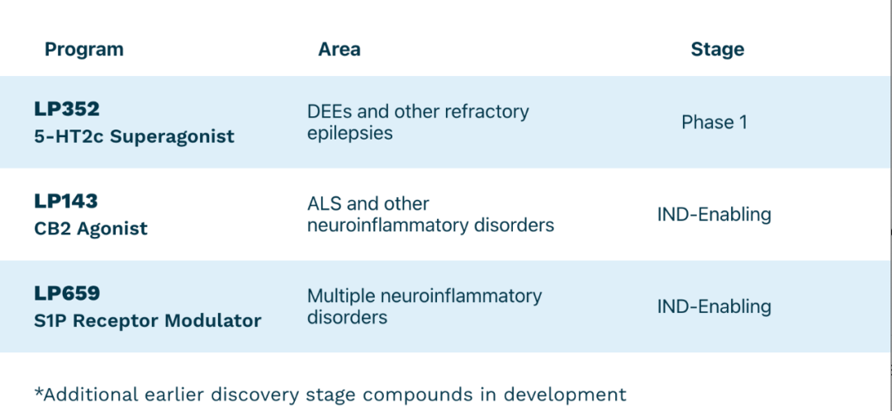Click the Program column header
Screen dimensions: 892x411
pyautogui.click(x=84, y=50)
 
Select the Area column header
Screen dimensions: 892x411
pyautogui.click(x=339, y=50)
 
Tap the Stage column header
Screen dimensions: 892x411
pyautogui.click(x=718, y=50)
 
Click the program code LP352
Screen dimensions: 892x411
pyautogui.click(x=67, y=109)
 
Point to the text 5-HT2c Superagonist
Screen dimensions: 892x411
pyautogui.click(x=135, y=136)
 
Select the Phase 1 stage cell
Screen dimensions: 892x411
pyautogui.click(x=714, y=122)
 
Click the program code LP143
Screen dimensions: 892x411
pyautogui.click(x=66, y=201)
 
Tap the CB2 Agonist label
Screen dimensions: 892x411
pyautogui.click(x=91, y=229)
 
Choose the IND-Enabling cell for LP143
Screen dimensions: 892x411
pyautogui.click(x=714, y=215)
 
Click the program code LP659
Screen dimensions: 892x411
pyautogui.click(x=67, y=293)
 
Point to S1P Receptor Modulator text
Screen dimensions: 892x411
pyautogui.click(x=148, y=320)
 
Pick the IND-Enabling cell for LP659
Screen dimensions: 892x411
pyautogui.click(x=714, y=307)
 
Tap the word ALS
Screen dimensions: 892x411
pyautogui.click(x=324, y=204)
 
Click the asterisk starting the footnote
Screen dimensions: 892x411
pyautogui.click(x=39, y=392)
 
